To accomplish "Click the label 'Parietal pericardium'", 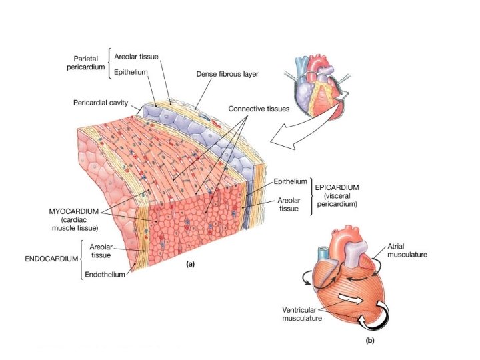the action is click(89, 63).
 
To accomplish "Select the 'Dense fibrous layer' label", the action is click(227, 74).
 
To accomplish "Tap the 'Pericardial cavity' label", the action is click(101, 103).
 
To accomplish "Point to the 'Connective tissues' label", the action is click(259, 108).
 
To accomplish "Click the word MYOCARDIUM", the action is click(74, 211).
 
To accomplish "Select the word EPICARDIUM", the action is click(337, 188).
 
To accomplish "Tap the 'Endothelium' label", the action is click(105, 275).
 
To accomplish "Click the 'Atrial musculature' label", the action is click(407, 251).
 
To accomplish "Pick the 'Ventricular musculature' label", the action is click(302, 314).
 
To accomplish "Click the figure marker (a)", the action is click(190, 263).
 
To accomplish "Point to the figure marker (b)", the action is click(369, 341).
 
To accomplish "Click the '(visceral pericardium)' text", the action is click(336, 201).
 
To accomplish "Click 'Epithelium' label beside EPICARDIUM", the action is click(290, 181).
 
